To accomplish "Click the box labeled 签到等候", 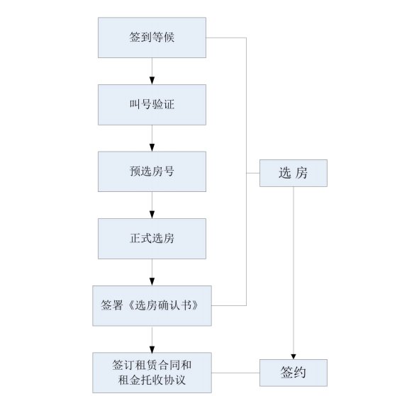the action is (x=152, y=38).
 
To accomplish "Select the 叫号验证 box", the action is (x=152, y=105).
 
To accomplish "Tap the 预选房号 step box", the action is (x=152, y=171).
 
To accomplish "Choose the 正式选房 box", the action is (x=152, y=239).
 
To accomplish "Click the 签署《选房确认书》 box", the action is (x=152, y=305).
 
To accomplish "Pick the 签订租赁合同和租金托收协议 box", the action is (x=152, y=373).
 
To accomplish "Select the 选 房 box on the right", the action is (x=293, y=173).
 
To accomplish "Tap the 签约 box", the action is (x=293, y=373).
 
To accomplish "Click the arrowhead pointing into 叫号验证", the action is (x=152, y=81).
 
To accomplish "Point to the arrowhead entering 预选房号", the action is (x=152, y=147).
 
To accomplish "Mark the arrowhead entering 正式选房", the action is (x=152, y=215).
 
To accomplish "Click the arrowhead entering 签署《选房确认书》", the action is (x=152, y=282).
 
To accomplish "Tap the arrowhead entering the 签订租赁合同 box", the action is (x=152, y=349).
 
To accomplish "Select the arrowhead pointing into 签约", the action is (x=293, y=356).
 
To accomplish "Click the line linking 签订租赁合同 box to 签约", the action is (x=235, y=373).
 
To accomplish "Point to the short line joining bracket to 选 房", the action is (x=253, y=173).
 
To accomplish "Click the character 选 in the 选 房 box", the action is (x=284, y=173).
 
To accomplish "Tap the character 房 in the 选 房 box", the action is (x=301, y=173).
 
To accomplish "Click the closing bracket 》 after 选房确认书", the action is (x=194, y=305).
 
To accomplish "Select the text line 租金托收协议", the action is (x=152, y=380).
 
